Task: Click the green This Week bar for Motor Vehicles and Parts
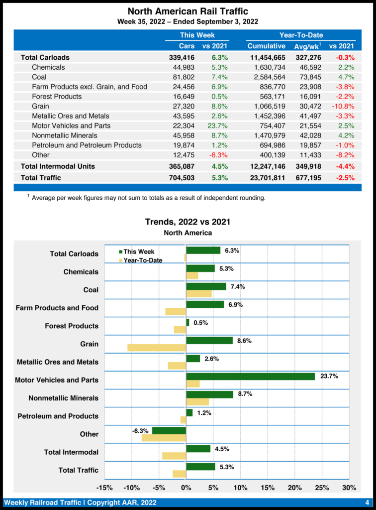pos(250,377)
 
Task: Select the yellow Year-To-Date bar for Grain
pos(157,348)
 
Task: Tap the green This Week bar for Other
pos(169,430)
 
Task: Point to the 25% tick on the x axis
pos(322,488)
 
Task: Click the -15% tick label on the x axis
pos(104,488)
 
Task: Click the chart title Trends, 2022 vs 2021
pos(188,222)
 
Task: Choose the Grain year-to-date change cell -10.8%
pos(343,106)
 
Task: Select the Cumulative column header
pos(266,46)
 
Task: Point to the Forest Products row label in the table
pos(57,96)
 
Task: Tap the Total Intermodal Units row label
pos(58,166)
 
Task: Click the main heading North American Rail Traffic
pos(188,11)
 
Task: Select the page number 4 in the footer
pos(367,502)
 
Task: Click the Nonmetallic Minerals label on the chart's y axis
pos(63,398)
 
